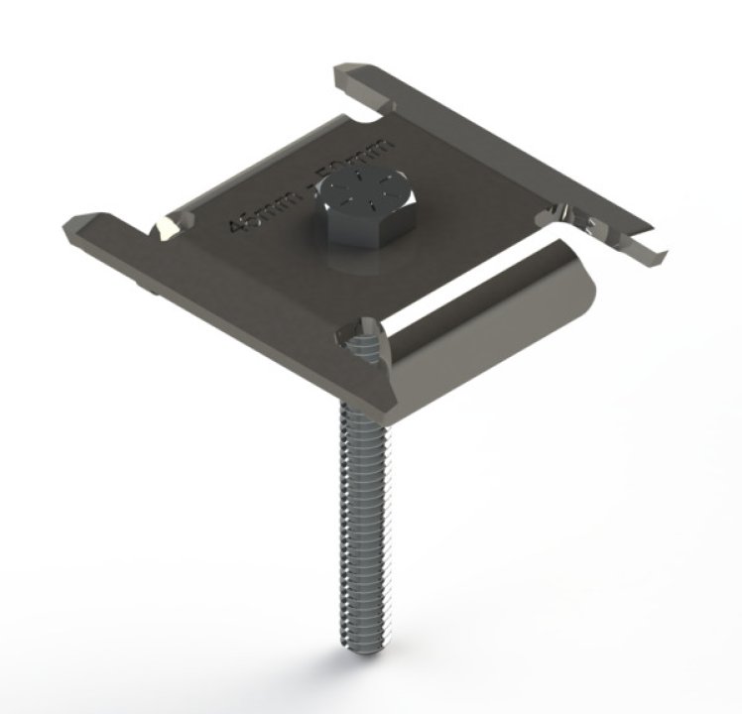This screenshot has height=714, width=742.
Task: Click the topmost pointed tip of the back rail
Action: point(342,71)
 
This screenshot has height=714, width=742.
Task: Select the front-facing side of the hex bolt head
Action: point(353,227)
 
